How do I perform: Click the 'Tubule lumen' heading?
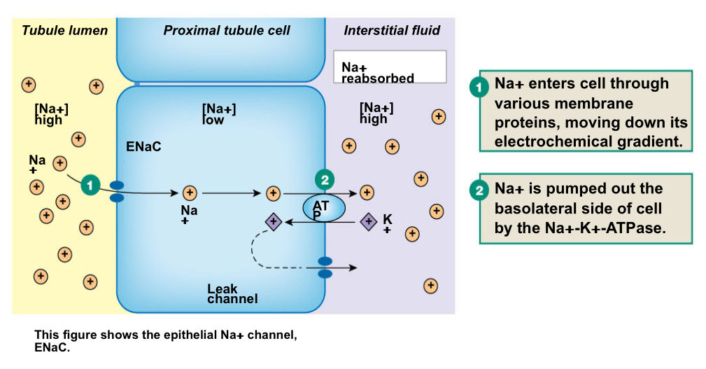(x=64, y=30)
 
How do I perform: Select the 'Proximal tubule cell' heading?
(x=227, y=30)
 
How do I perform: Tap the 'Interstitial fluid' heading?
(x=392, y=30)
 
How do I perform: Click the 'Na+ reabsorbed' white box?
(x=390, y=67)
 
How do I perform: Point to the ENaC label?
(x=144, y=148)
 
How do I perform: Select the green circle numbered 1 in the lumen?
(x=90, y=184)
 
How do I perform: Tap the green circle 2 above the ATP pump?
(x=324, y=179)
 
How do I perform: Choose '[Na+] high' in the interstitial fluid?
(x=376, y=112)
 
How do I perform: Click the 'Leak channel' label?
(x=232, y=294)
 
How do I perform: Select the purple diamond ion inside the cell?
(x=273, y=222)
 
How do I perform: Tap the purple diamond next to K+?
(x=368, y=222)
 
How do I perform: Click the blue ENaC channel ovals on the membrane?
(x=117, y=192)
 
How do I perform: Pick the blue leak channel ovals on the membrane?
(x=325, y=267)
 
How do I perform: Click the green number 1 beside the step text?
(x=479, y=88)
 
